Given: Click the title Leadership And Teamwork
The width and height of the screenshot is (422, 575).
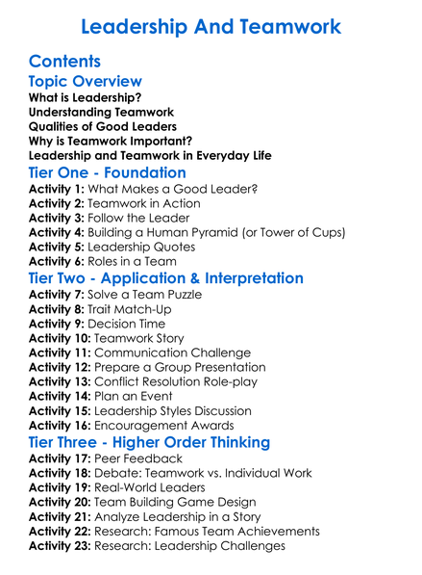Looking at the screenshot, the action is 211,26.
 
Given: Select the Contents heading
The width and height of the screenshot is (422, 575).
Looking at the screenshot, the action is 65,62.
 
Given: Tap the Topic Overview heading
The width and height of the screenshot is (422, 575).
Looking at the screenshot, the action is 85,82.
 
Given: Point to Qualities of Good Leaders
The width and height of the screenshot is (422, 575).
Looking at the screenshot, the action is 103,126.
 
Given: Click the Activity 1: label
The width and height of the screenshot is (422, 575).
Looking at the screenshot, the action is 57,190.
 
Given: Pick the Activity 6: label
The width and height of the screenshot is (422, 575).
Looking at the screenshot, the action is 57,260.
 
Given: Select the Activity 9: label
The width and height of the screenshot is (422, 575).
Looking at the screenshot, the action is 57,323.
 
